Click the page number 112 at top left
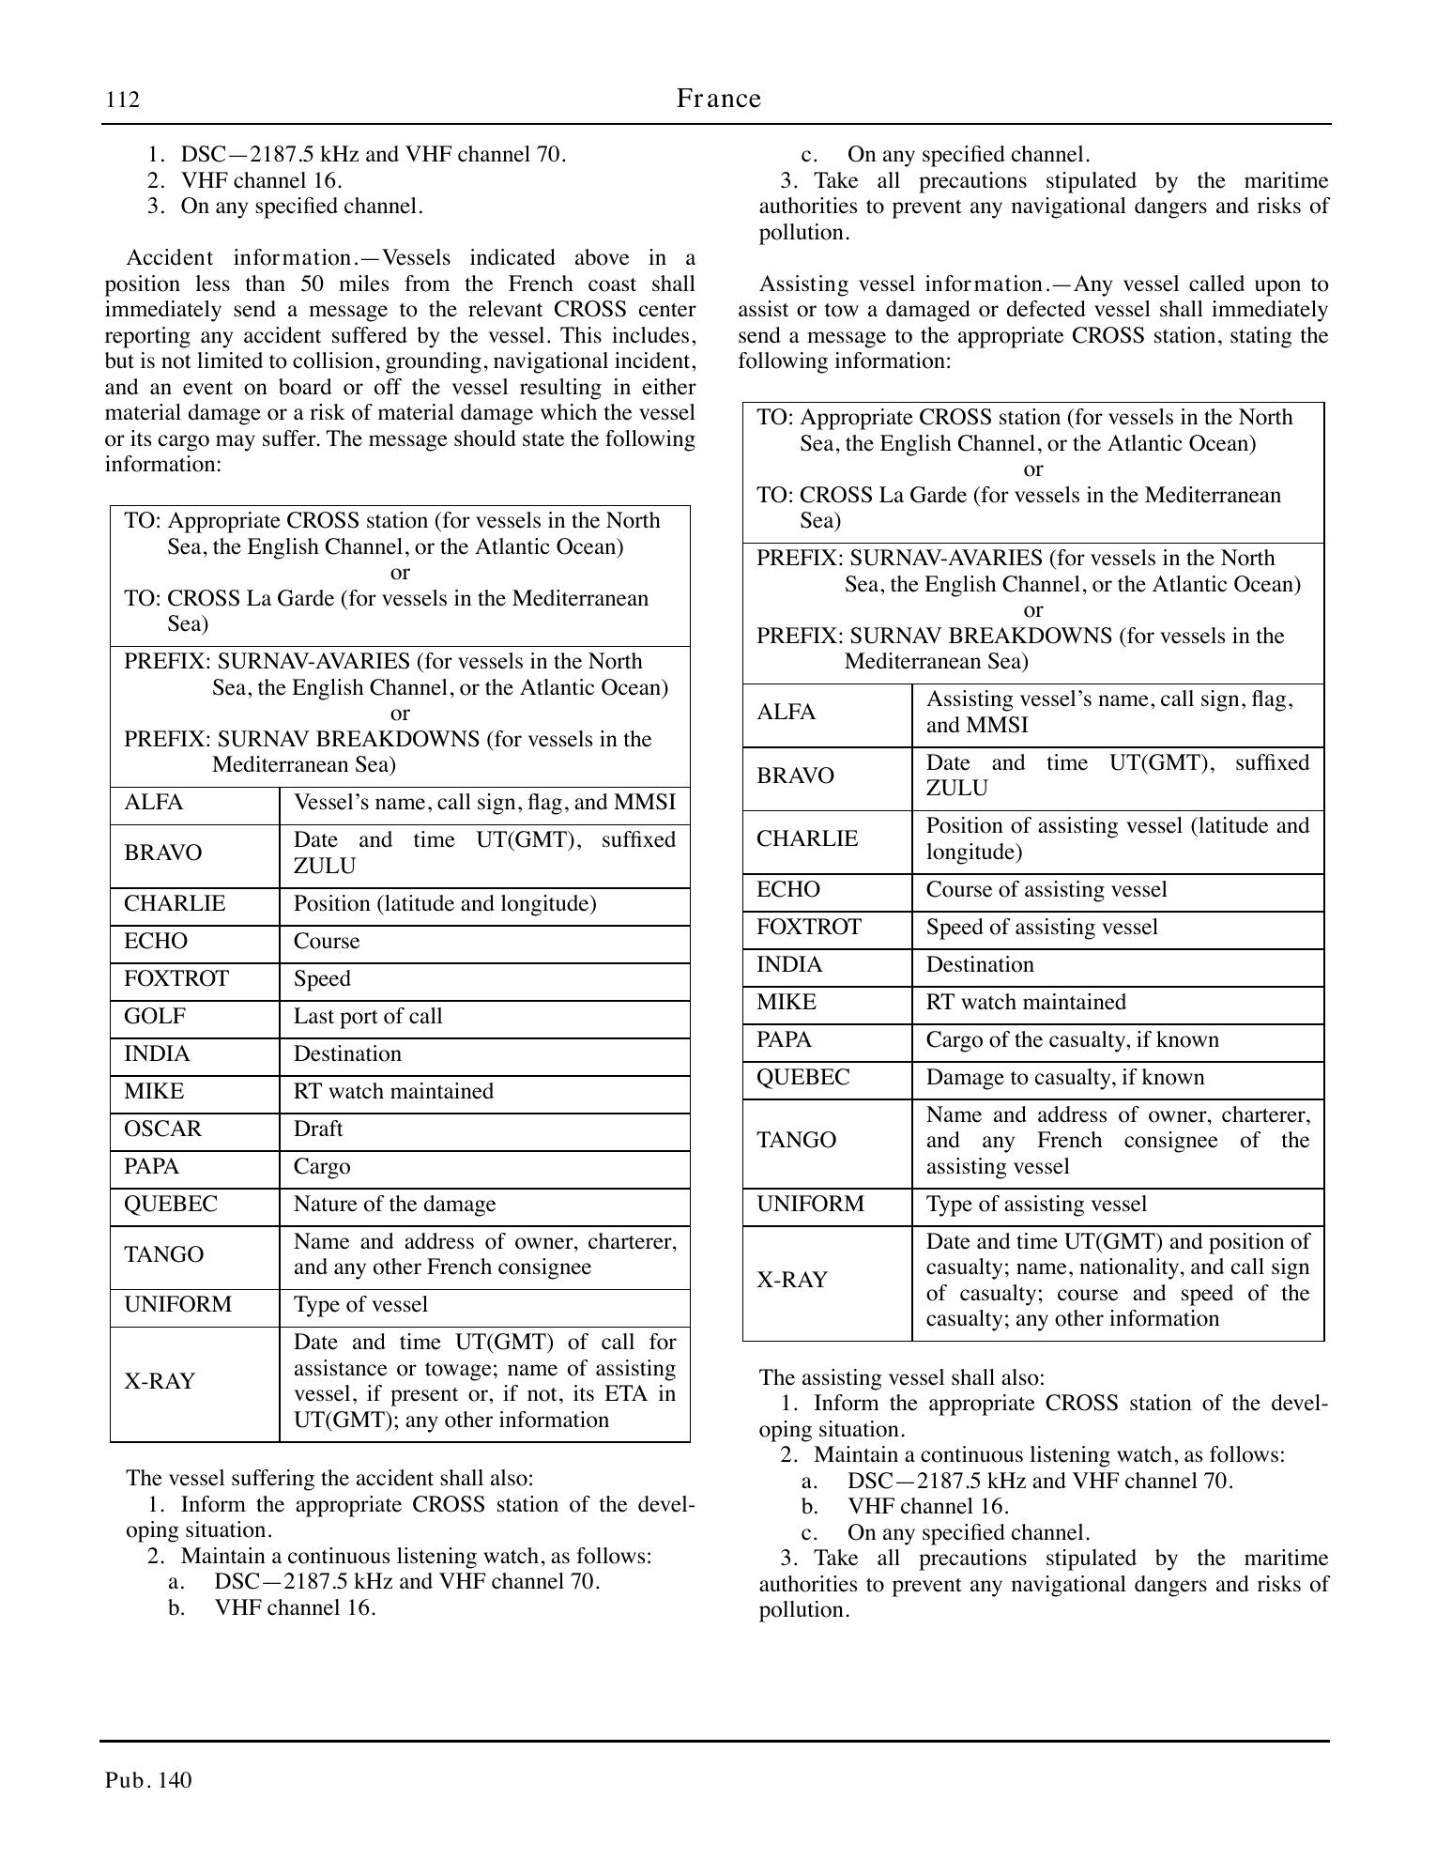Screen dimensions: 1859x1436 tap(122, 100)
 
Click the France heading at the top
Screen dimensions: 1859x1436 tap(718, 99)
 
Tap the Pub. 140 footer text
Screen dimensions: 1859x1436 tap(148, 1780)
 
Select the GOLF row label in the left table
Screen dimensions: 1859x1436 tap(155, 1017)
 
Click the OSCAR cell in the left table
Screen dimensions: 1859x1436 tap(162, 1129)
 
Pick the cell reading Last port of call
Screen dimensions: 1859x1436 tap(367, 1017)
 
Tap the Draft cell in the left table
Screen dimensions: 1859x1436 tap(318, 1129)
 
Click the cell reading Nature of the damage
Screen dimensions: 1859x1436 tap(394, 1205)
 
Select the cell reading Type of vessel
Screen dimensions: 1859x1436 tap(360, 1305)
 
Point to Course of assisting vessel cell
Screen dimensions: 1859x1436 tap(1046, 890)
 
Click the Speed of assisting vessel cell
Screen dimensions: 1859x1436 tap(1042, 928)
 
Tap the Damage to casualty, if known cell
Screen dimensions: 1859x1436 tap(1064, 1078)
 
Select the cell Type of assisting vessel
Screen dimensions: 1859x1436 tap(1036, 1205)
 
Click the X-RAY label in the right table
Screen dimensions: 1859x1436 tap(792, 1281)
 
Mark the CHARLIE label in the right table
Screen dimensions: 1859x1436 tap(807, 839)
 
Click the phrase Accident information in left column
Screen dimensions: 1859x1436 tap(238, 258)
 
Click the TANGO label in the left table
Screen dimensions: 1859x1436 tap(163, 1255)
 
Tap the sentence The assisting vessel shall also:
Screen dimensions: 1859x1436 tap(901, 1378)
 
